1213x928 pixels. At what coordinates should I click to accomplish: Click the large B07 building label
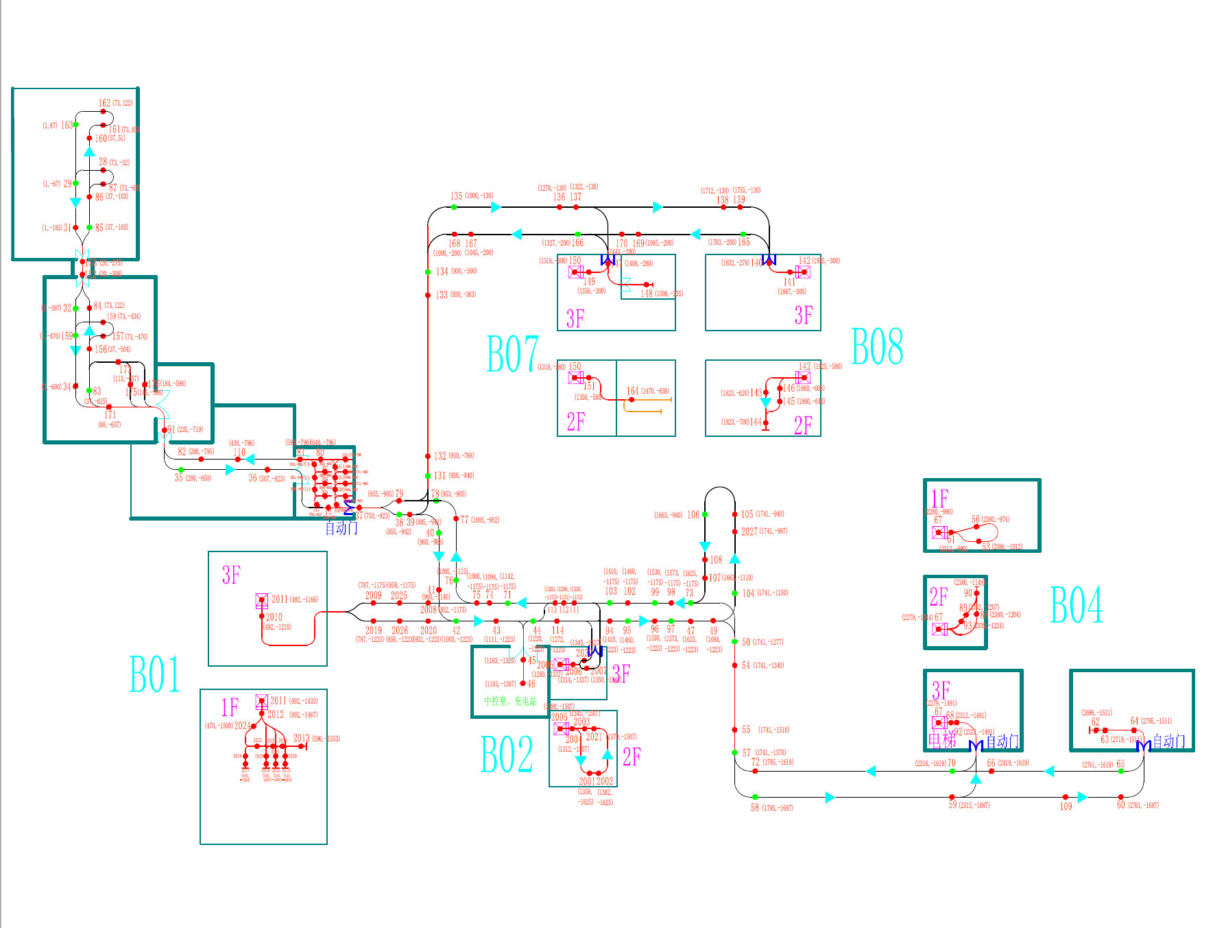(x=512, y=354)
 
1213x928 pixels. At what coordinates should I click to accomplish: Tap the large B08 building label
(x=877, y=346)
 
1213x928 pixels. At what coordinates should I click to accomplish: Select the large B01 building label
(x=155, y=674)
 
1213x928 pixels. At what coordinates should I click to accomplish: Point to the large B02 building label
(x=507, y=754)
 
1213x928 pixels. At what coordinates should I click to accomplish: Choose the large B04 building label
(x=1077, y=605)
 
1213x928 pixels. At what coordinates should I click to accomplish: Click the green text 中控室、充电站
(x=510, y=701)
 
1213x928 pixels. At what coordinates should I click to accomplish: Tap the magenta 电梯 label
(x=941, y=740)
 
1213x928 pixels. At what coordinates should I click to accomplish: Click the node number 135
(x=456, y=196)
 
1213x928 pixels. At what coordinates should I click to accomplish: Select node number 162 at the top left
(x=104, y=103)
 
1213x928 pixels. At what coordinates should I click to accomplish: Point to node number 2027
(x=749, y=532)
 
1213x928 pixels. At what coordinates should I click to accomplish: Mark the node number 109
(x=1066, y=807)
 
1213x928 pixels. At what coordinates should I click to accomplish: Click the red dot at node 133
(x=428, y=295)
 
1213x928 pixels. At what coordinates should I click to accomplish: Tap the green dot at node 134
(x=428, y=272)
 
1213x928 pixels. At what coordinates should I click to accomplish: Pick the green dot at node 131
(x=428, y=475)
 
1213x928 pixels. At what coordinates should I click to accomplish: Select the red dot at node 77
(x=456, y=519)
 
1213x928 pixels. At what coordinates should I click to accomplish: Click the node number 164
(x=632, y=391)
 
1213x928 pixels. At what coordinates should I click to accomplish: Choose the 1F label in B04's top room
(x=939, y=498)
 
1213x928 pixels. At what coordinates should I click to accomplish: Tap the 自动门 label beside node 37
(x=341, y=528)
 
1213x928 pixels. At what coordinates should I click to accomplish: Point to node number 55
(x=746, y=730)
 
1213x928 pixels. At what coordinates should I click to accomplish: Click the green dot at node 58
(x=755, y=797)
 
